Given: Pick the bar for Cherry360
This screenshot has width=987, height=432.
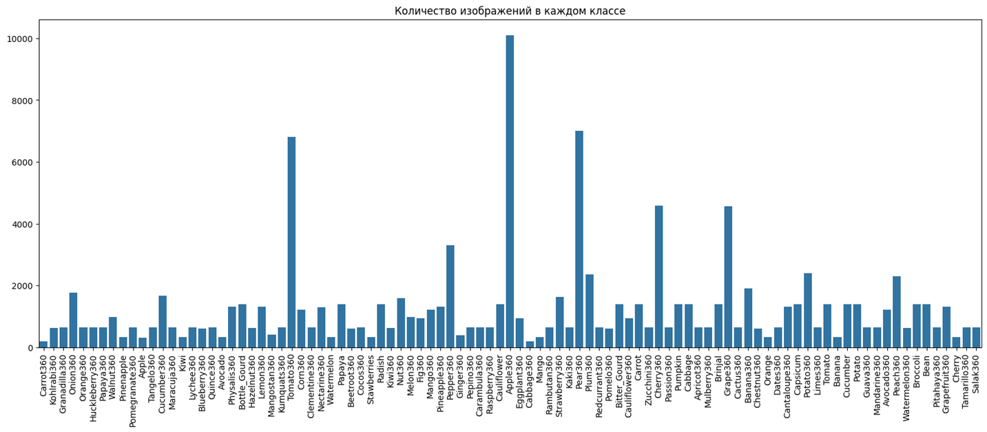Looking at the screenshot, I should tap(658, 276).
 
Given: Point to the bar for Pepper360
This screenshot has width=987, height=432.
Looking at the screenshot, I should tap(450, 296).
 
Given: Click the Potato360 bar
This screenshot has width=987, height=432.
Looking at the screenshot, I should tap(807, 310).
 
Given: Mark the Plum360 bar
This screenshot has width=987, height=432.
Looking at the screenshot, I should tap(589, 311).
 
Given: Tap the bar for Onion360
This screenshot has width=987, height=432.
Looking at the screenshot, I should tap(73, 320).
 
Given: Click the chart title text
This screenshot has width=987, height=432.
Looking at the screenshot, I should tap(510, 11).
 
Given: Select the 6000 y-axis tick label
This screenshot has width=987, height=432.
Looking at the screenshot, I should tap(20, 163).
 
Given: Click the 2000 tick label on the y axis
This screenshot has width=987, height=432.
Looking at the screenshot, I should tap(20, 286).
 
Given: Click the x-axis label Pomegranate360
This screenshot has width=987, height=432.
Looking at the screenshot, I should tap(133, 390).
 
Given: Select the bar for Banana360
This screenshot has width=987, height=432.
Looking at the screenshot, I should tap(748, 318).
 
